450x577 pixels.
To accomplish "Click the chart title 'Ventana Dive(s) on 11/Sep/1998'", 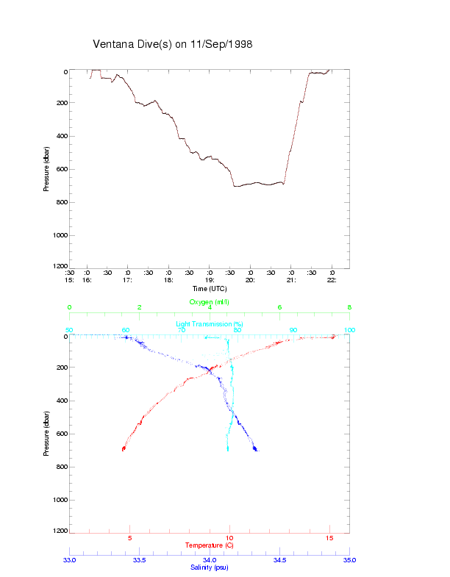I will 173,44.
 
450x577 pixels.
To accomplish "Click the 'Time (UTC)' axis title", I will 210,289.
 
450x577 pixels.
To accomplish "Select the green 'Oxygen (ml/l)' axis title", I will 210,301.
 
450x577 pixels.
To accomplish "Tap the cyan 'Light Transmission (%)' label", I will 210,324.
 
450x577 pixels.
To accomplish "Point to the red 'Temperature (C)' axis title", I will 210,545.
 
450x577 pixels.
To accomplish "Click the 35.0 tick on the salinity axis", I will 349,559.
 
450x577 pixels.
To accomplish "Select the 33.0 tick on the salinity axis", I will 70,559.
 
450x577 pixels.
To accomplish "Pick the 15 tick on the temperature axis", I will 329,538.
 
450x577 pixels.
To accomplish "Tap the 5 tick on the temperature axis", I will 130,538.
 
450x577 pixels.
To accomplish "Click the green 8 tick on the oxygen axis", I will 349,308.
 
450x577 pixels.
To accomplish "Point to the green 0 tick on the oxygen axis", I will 70,308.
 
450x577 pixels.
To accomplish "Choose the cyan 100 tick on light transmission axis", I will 349,330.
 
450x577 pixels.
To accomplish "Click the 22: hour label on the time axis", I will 332,279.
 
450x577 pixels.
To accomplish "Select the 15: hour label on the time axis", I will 70,279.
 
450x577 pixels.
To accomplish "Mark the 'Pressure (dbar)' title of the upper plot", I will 46,169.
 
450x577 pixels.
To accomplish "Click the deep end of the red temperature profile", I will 123,448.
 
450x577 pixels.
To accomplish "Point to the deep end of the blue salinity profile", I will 256,448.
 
